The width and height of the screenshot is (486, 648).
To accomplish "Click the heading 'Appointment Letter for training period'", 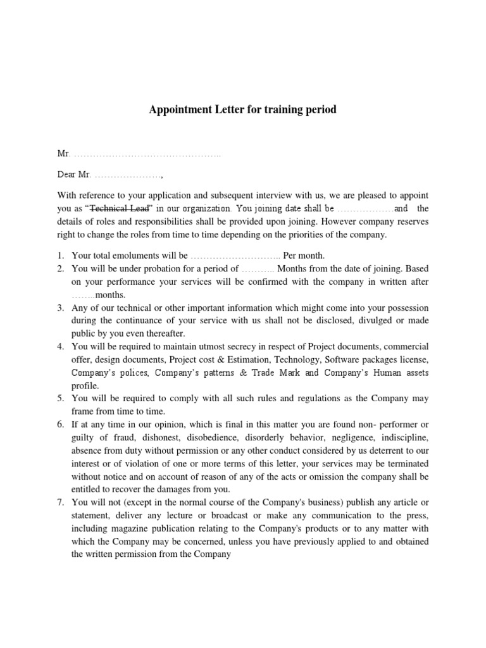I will pos(242,109).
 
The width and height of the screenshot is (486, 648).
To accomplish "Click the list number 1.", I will pos(60,256).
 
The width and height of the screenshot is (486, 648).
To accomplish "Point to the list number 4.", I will pos(60,346).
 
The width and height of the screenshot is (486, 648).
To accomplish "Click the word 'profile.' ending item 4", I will pos(85,385).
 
